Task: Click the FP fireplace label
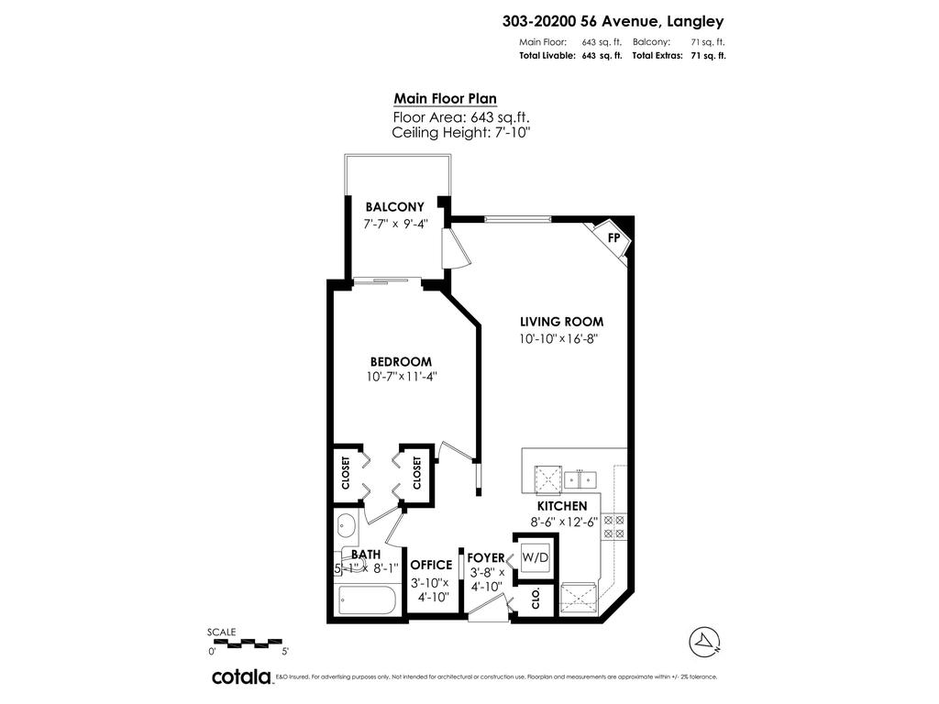(x=614, y=236)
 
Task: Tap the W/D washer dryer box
(x=535, y=557)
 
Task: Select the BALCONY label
(x=394, y=207)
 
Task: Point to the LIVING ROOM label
(x=561, y=322)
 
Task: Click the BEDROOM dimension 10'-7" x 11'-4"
(x=402, y=377)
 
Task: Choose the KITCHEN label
(x=562, y=506)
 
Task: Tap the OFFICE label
(x=431, y=565)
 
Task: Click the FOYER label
(x=486, y=557)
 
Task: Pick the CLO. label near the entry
(x=536, y=599)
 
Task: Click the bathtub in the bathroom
(x=366, y=601)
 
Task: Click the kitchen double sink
(x=580, y=478)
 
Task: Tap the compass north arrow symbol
(x=702, y=639)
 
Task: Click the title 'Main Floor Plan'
(x=445, y=99)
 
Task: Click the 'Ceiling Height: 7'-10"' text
(x=460, y=133)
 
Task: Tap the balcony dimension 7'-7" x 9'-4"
(x=394, y=224)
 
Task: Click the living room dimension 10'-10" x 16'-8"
(x=561, y=339)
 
